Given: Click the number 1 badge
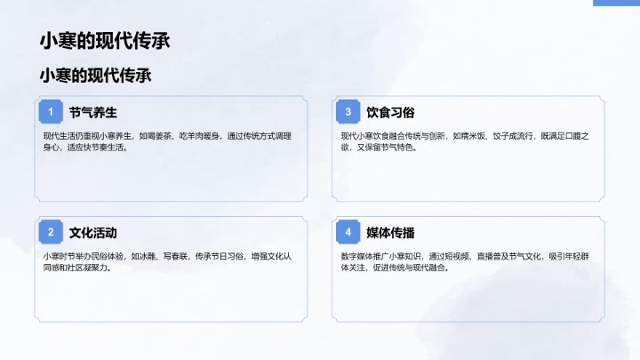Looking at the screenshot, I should (x=51, y=112).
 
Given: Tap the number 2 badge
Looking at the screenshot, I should (x=51, y=233).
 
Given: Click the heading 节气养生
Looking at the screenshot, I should (x=92, y=113).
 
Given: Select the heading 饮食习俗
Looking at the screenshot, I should (x=390, y=113).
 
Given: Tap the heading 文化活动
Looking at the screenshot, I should (x=92, y=233).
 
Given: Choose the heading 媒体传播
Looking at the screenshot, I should (x=390, y=233).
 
